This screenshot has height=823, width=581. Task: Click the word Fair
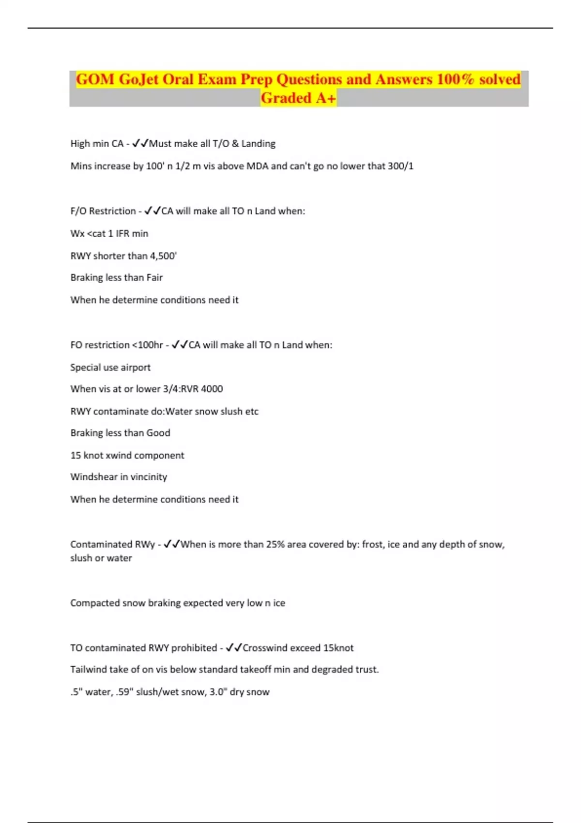tap(154, 277)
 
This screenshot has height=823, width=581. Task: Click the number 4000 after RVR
tap(212, 389)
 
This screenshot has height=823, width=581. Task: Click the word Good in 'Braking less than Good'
tap(158, 433)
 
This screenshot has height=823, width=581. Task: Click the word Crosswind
tap(265, 648)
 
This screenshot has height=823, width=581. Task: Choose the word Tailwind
tap(88, 670)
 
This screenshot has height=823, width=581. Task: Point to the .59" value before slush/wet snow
tap(124, 692)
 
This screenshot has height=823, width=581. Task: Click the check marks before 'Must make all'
tap(140, 143)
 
